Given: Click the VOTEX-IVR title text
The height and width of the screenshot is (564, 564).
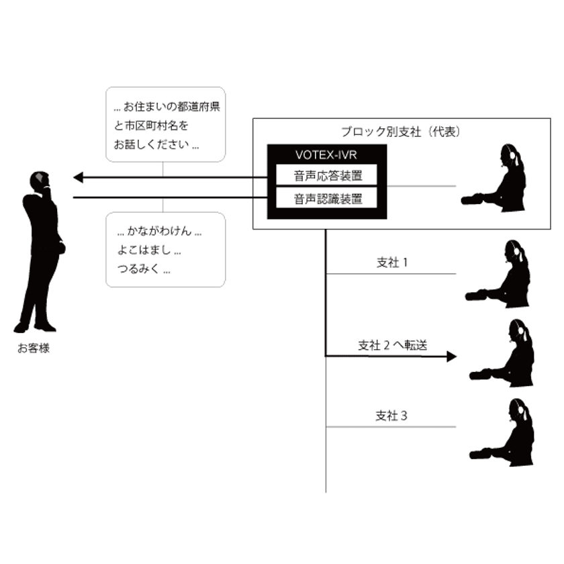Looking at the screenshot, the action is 326,155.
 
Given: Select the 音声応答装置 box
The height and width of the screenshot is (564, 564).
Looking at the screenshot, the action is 326,175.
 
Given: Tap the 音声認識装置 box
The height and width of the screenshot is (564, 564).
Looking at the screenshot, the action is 326,198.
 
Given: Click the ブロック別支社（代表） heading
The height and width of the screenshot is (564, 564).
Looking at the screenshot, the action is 401,132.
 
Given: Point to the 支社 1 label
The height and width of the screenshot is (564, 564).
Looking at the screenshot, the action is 392,263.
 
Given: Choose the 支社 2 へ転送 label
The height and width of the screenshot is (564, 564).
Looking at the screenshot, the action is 392,345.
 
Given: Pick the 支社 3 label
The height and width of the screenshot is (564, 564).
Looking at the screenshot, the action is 391,416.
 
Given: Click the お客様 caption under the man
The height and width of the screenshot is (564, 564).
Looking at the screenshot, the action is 34,348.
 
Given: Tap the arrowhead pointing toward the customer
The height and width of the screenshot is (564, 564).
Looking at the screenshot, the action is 78,177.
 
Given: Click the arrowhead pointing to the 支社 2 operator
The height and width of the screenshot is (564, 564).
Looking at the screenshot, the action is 452,357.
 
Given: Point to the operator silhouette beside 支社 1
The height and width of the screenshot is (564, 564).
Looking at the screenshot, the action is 498,274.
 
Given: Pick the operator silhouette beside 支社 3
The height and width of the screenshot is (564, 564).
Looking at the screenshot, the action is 502,432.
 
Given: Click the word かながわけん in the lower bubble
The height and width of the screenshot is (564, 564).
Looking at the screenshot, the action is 160,231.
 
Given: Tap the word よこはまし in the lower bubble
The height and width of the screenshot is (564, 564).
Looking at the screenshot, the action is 144,250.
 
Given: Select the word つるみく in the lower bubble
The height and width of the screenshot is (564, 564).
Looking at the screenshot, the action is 138,269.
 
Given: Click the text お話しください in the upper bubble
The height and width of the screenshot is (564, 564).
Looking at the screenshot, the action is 152,144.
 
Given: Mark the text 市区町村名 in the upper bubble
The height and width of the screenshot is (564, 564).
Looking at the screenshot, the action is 151,126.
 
